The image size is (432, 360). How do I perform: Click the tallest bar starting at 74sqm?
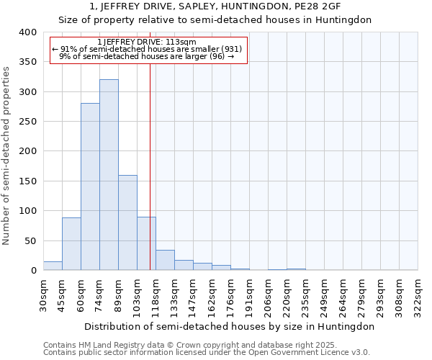pyautogui.click(x=109, y=175)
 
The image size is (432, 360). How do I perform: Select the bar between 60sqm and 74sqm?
pyautogui.click(x=90, y=186)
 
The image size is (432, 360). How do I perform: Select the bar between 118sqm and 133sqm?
pyautogui.click(x=165, y=260)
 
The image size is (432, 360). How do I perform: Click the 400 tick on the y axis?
pyautogui.click(x=28, y=32)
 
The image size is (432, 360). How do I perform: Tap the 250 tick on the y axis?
pyautogui.click(x=28, y=122)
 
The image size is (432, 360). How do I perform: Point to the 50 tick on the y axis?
pyautogui.click(x=31, y=240)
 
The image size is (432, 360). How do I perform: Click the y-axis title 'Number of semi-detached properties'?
pyautogui.click(x=7, y=155)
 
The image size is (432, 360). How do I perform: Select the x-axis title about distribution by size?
pyautogui.click(x=230, y=326)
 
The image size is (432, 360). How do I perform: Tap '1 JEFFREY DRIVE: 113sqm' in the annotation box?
pyautogui.click(x=146, y=42)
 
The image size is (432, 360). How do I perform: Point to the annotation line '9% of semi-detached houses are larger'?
pyautogui.click(x=146, y=56)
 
